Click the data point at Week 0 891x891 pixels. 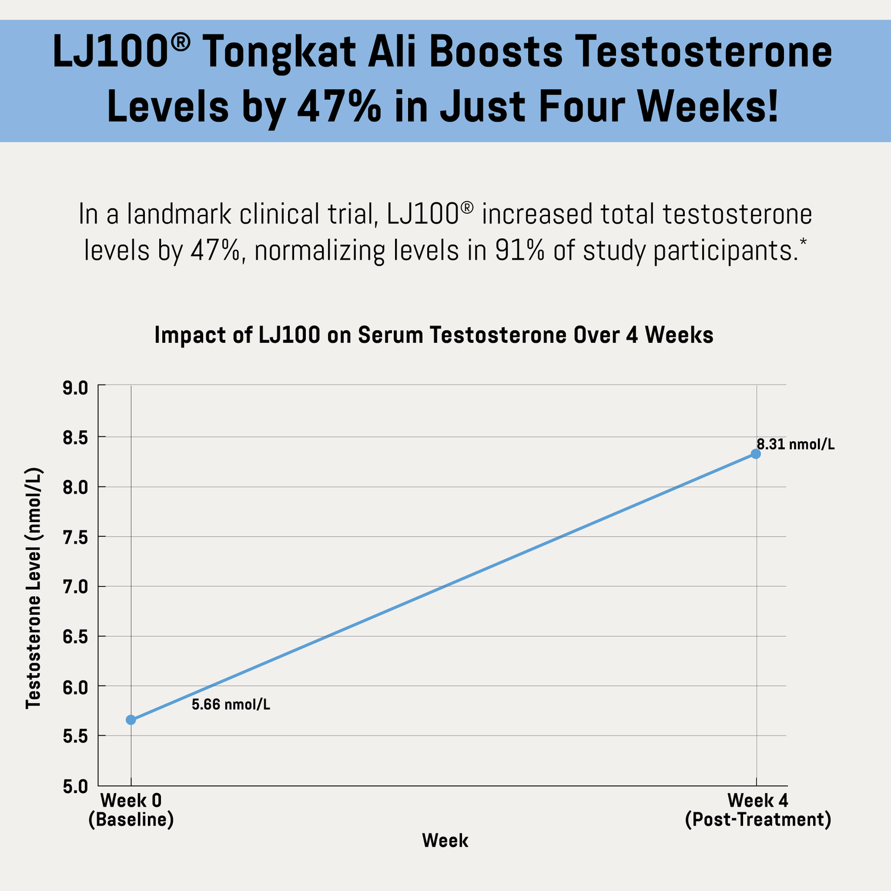pos(131,720)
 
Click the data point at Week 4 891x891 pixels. pos(756,454)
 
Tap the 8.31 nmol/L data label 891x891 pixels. pos(795,444)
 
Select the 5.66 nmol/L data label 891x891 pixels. pos(231,705)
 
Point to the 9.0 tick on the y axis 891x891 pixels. pos(75,388)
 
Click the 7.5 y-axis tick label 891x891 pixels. pos(75,538)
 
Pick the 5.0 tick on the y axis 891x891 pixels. pos(75,788)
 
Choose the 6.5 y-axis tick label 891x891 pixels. pos(75,638)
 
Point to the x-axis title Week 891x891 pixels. pos(445,841)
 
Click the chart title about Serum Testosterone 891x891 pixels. pos(434,336)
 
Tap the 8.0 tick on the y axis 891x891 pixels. pos(75,488)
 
